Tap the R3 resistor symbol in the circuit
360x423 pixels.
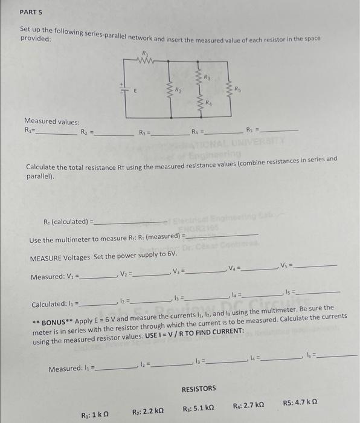(199, 77)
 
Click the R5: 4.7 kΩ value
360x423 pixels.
(301, 402)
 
